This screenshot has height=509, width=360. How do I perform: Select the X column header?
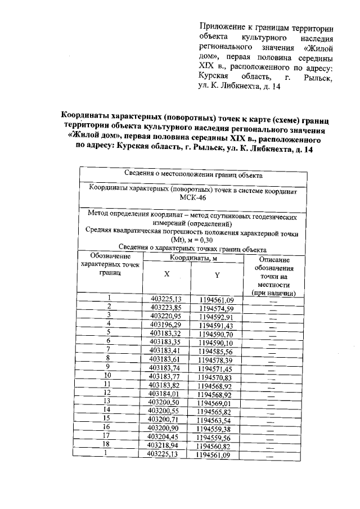(x=166, y=274)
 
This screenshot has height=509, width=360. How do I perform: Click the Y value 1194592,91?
(x=217, y=317)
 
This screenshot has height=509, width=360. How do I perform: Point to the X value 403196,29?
(x=167, y=325)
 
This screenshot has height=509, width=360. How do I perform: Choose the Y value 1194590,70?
(x=217, y=334)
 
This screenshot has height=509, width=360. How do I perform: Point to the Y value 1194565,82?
(x=215, y=412)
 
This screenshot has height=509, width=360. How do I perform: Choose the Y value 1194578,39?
(x=216, y=360)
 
